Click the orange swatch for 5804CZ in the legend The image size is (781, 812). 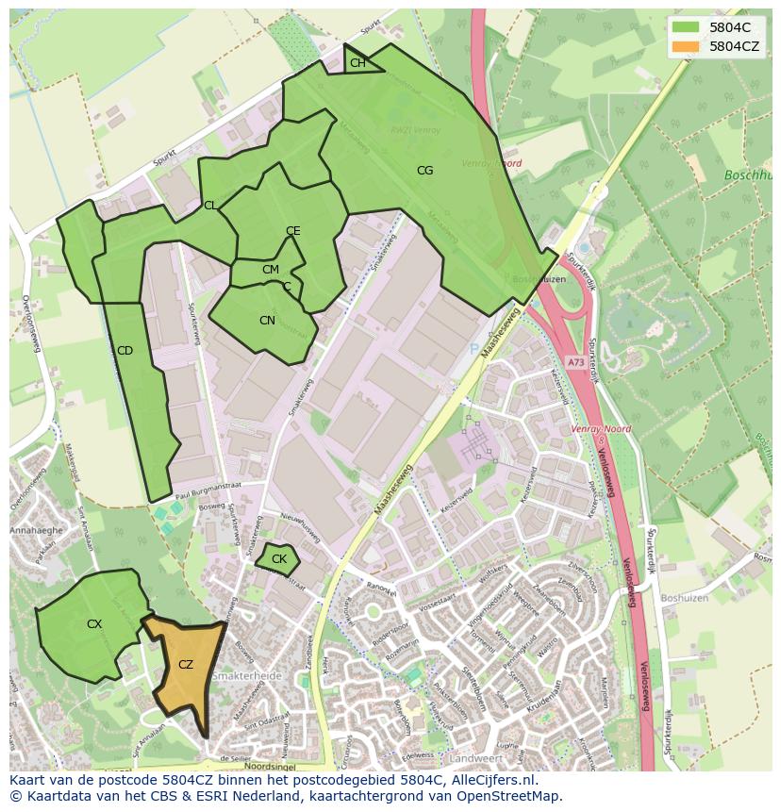coord(687,46)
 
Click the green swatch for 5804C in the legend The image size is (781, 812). coord(687,26)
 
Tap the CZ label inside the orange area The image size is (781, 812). coord(186,665)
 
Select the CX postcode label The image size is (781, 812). coord(94,624)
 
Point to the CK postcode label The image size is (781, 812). coord(279,559)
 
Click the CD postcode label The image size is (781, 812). coord(125,351)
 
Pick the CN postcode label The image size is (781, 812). coord(267,321)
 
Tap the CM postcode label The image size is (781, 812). coord(271,270)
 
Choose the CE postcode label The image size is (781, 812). coord(293,231)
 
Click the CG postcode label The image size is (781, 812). coord(425,171)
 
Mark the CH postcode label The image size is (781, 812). coord(357,63)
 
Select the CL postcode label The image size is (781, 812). coord(210,206)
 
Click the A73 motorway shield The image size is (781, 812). coord(575,362)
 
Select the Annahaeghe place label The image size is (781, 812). coord(35,530)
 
